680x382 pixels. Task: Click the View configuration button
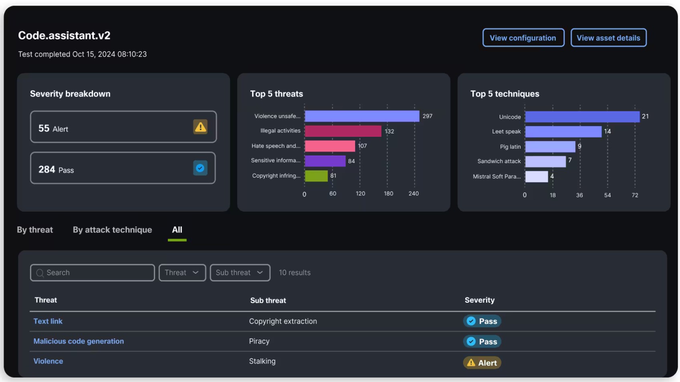(x=523, y=38)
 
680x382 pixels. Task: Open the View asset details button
(x=608, y=38)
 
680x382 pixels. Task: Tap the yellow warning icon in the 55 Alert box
(x=200, y=127)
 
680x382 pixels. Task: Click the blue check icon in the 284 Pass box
(x=200, y=168)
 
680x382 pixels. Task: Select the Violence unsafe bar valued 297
(x=362, y=116)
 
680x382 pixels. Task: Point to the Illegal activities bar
(x=343, y=131)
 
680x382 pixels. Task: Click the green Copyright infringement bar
(x=316, y=176)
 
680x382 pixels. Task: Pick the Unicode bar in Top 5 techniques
(x=582, y=117)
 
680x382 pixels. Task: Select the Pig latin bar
(x=550, y=147)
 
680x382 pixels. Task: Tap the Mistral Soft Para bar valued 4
(x=537, y=176)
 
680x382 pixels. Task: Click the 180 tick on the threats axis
(x=388, y=194)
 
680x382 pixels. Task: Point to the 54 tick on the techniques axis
(x=607, y=195)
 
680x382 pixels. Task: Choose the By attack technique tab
(x=112, y=230)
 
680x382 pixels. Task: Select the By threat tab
(x=35, y=230)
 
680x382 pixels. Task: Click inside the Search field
(x=92, y=273)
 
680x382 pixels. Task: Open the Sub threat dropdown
(x=240, y=273)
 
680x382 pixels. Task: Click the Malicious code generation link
(x=79, y=341)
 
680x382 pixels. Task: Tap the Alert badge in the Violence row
(x=482, y=363)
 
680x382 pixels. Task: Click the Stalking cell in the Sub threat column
(x=262, y=361)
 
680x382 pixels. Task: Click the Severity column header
(x=480, y=300)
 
